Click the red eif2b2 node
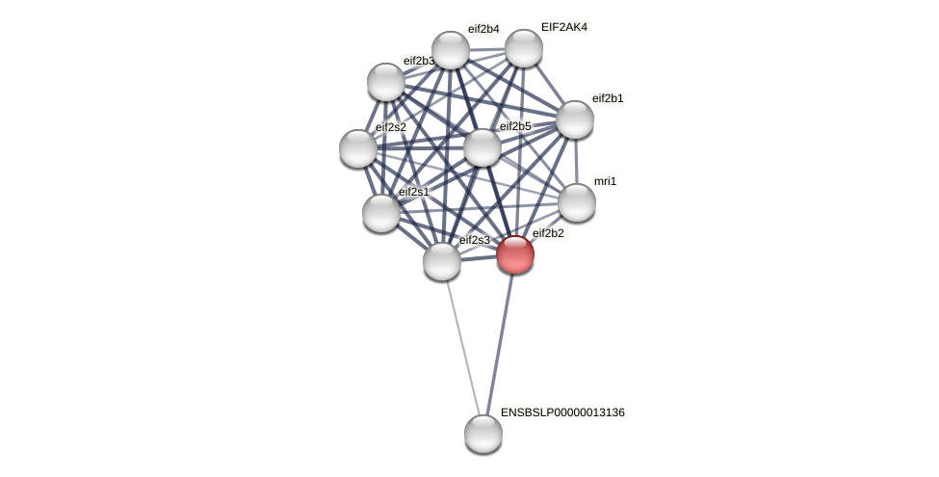coord(515,254)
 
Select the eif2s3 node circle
coord(442,261)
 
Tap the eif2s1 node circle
coord(381,213)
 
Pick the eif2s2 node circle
coord(358,148)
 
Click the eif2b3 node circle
coord(386,82)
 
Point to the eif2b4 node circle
coord(450,50)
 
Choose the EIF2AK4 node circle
coord(524,48)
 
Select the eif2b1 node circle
coord(575,119)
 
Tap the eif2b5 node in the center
coord(483,147)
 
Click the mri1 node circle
coord(577,202)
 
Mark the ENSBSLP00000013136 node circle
coord(483,434)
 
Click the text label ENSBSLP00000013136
coord(562,412)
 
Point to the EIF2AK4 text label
coord(563,27)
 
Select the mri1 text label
coord(605,181)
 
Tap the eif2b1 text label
coord(607,98)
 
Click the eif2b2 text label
coord(548,233)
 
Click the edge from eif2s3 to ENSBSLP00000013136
coord(462,347)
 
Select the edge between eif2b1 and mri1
coord(576,161)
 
